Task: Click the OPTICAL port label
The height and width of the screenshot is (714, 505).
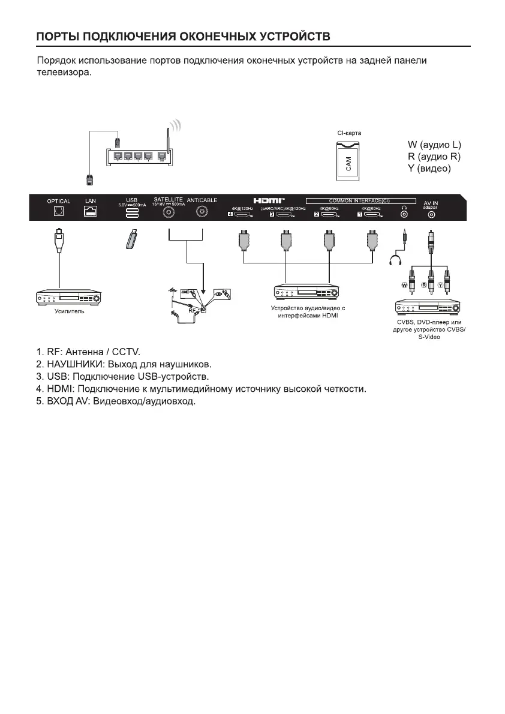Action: tap(59, 201)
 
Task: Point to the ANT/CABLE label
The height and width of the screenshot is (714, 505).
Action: tap(202, 200)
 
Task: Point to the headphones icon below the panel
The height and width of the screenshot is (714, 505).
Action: tap(394, 260)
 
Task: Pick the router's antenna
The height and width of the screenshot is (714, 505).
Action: tap(169, 144)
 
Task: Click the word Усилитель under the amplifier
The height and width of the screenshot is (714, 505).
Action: tap(70, 311)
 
